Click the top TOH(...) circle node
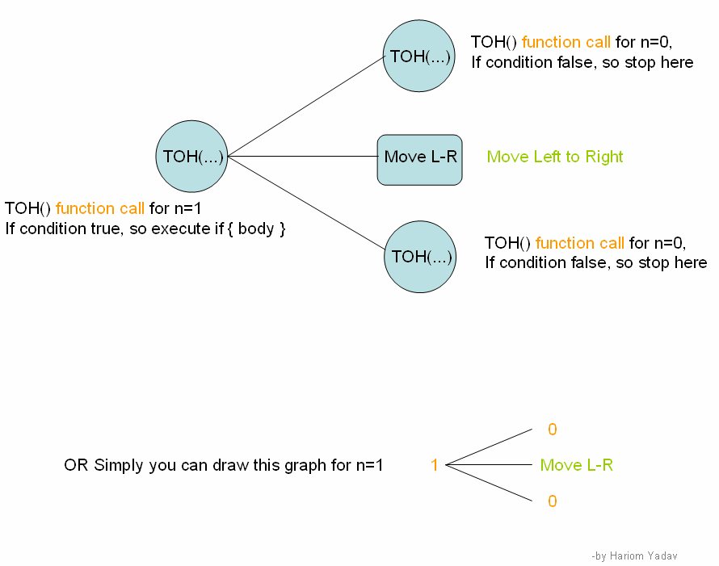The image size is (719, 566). pos(418,57)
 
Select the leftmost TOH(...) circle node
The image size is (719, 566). pos(191,157)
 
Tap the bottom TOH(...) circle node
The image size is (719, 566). pos(420,257)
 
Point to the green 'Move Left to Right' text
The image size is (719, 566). pos(555,157)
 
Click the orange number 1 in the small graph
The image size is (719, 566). pos(434,465)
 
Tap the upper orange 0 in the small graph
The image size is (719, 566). pos(553,430)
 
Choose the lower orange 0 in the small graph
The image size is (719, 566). pos(553,501)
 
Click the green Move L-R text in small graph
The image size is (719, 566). pos(576,465)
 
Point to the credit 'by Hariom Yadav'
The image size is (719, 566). pos(635,556)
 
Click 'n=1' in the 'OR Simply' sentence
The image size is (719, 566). pos(369,465)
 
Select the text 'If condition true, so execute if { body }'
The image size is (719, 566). pos(145,228)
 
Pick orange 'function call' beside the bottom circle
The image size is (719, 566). pos(579,243)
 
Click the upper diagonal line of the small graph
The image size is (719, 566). pos(490,447)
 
